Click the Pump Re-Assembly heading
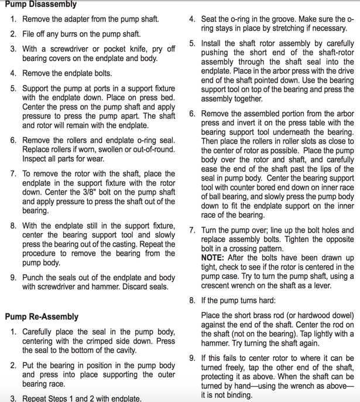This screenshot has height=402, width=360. point(41,316)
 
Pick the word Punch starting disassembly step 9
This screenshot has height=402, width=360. point(34,277)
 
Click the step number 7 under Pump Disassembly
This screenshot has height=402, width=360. point(13,174)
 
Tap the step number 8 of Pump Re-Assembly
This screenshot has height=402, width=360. point(192,301)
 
